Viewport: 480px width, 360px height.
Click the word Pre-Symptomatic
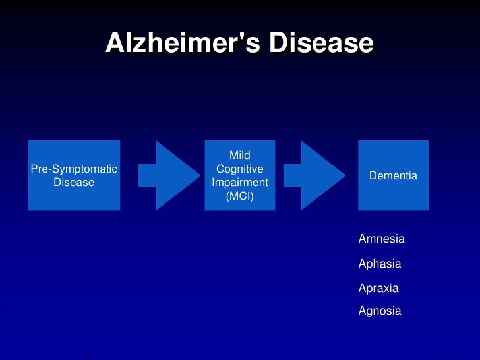click(x=74, y=169)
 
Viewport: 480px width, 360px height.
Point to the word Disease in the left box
click(x=74, y=182)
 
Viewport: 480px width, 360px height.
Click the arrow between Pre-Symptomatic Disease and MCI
click(x=177, y=175)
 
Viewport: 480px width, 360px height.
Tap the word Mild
click(x=240, y=156)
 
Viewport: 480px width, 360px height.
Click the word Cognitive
click(x=240, y=169)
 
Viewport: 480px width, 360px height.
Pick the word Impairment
click(x=240, y=183)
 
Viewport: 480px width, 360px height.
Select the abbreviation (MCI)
click(x=240, y=196)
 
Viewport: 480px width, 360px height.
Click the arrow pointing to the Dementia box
click(x=322, y=175)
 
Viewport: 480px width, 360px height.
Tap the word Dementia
click(x=393, y=176)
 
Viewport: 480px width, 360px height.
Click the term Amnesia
click(x=381, y=239)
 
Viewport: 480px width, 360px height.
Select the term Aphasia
click(x=379, y=264)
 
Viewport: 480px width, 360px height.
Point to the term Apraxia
click(x=378, y=288)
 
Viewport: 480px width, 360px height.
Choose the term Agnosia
click(x=379, y=311)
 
